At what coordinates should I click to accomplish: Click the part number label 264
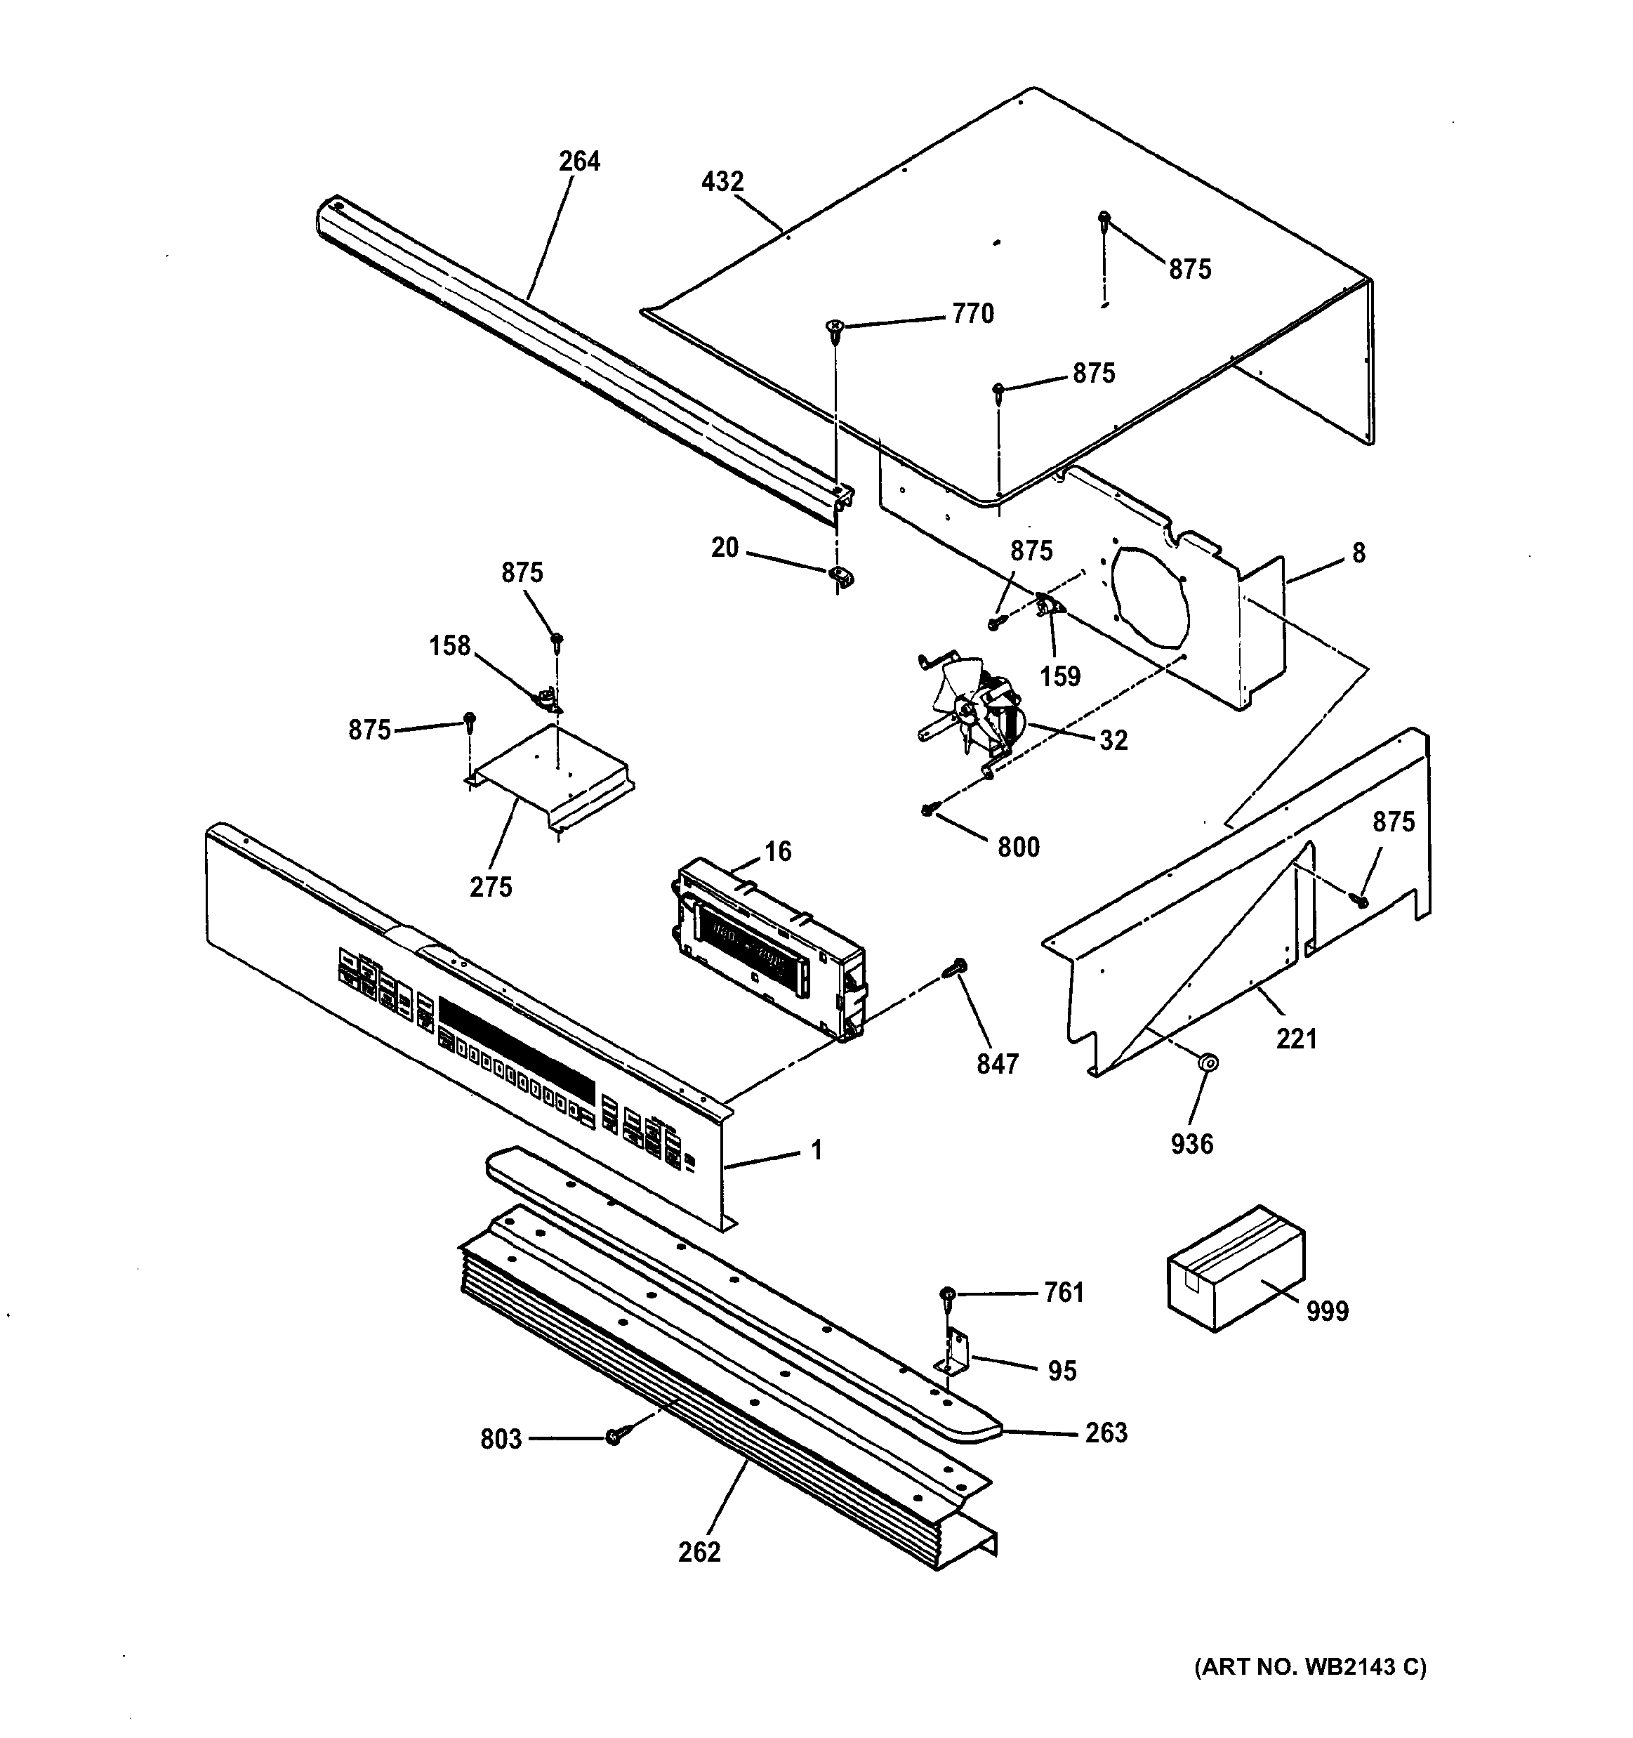(580, 162)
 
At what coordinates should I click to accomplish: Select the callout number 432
(723, 182)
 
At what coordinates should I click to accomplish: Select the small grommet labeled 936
(1208, 1062)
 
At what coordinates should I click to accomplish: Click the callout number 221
(1297, 1039)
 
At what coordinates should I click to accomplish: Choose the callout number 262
(699, 1552)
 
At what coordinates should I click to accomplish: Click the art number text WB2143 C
(1366, 1667)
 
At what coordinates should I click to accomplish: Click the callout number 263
(1106, 1433)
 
